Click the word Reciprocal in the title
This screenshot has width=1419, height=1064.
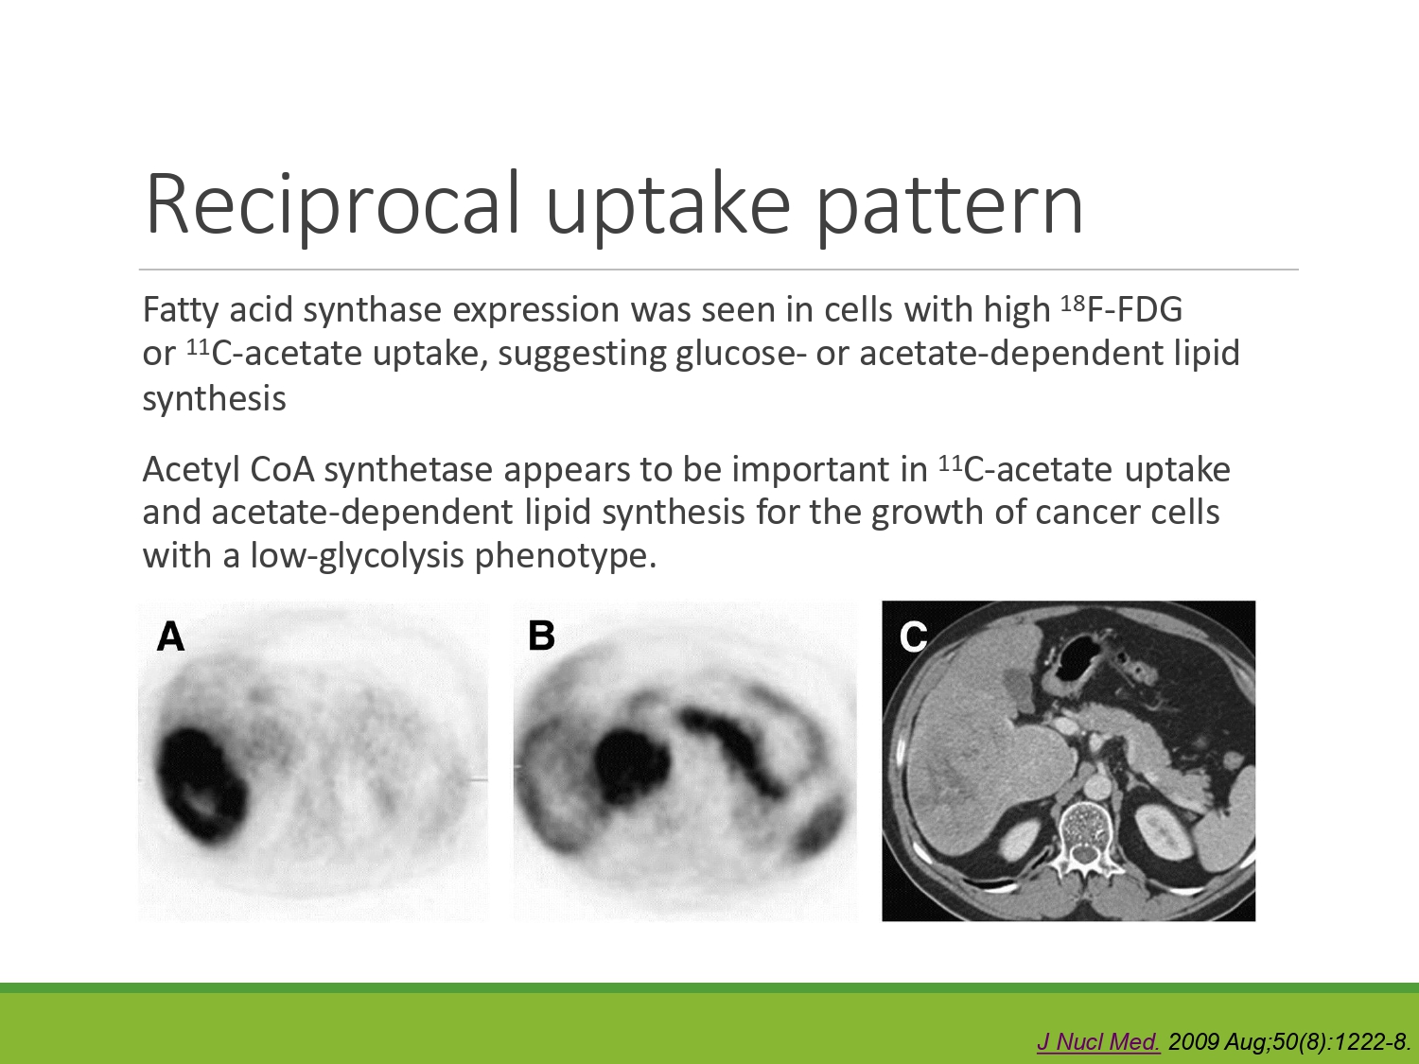click(x=333, y=204)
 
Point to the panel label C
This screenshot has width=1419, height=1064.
click(x=913, y=637)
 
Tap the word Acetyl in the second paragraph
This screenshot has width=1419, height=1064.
click(x=191, y=471)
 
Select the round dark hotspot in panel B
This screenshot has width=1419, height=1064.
click(x=630, y=765)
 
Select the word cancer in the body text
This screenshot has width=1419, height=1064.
click(x=1084, y=513)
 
